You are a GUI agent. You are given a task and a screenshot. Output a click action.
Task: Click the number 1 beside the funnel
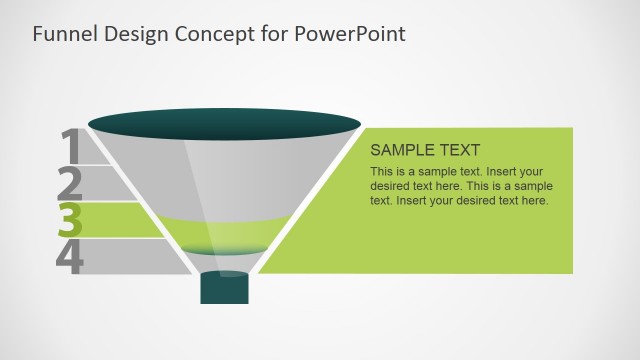(x=70, y=146)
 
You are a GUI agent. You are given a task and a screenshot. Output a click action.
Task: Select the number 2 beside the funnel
(x=70, y=183)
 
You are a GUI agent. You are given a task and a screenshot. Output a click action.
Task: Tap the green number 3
(x=70, y=219)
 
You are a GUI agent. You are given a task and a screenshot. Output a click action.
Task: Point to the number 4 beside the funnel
(x=70, y=256)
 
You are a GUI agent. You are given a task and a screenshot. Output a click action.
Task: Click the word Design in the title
(x=134, y=34)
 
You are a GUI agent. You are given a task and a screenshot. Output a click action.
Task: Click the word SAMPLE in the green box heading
(x=404, y=151)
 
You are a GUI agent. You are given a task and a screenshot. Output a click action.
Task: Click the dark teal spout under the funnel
(x=224, y=288)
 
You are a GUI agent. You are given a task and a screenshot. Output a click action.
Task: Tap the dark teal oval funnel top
(x=224, y=123)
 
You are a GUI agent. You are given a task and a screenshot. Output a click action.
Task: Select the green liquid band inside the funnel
(x=224, y=236)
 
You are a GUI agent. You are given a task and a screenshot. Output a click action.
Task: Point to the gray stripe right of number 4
(x=130, y=257)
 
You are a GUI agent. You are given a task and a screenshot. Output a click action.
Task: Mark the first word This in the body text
(x=382, y=172)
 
